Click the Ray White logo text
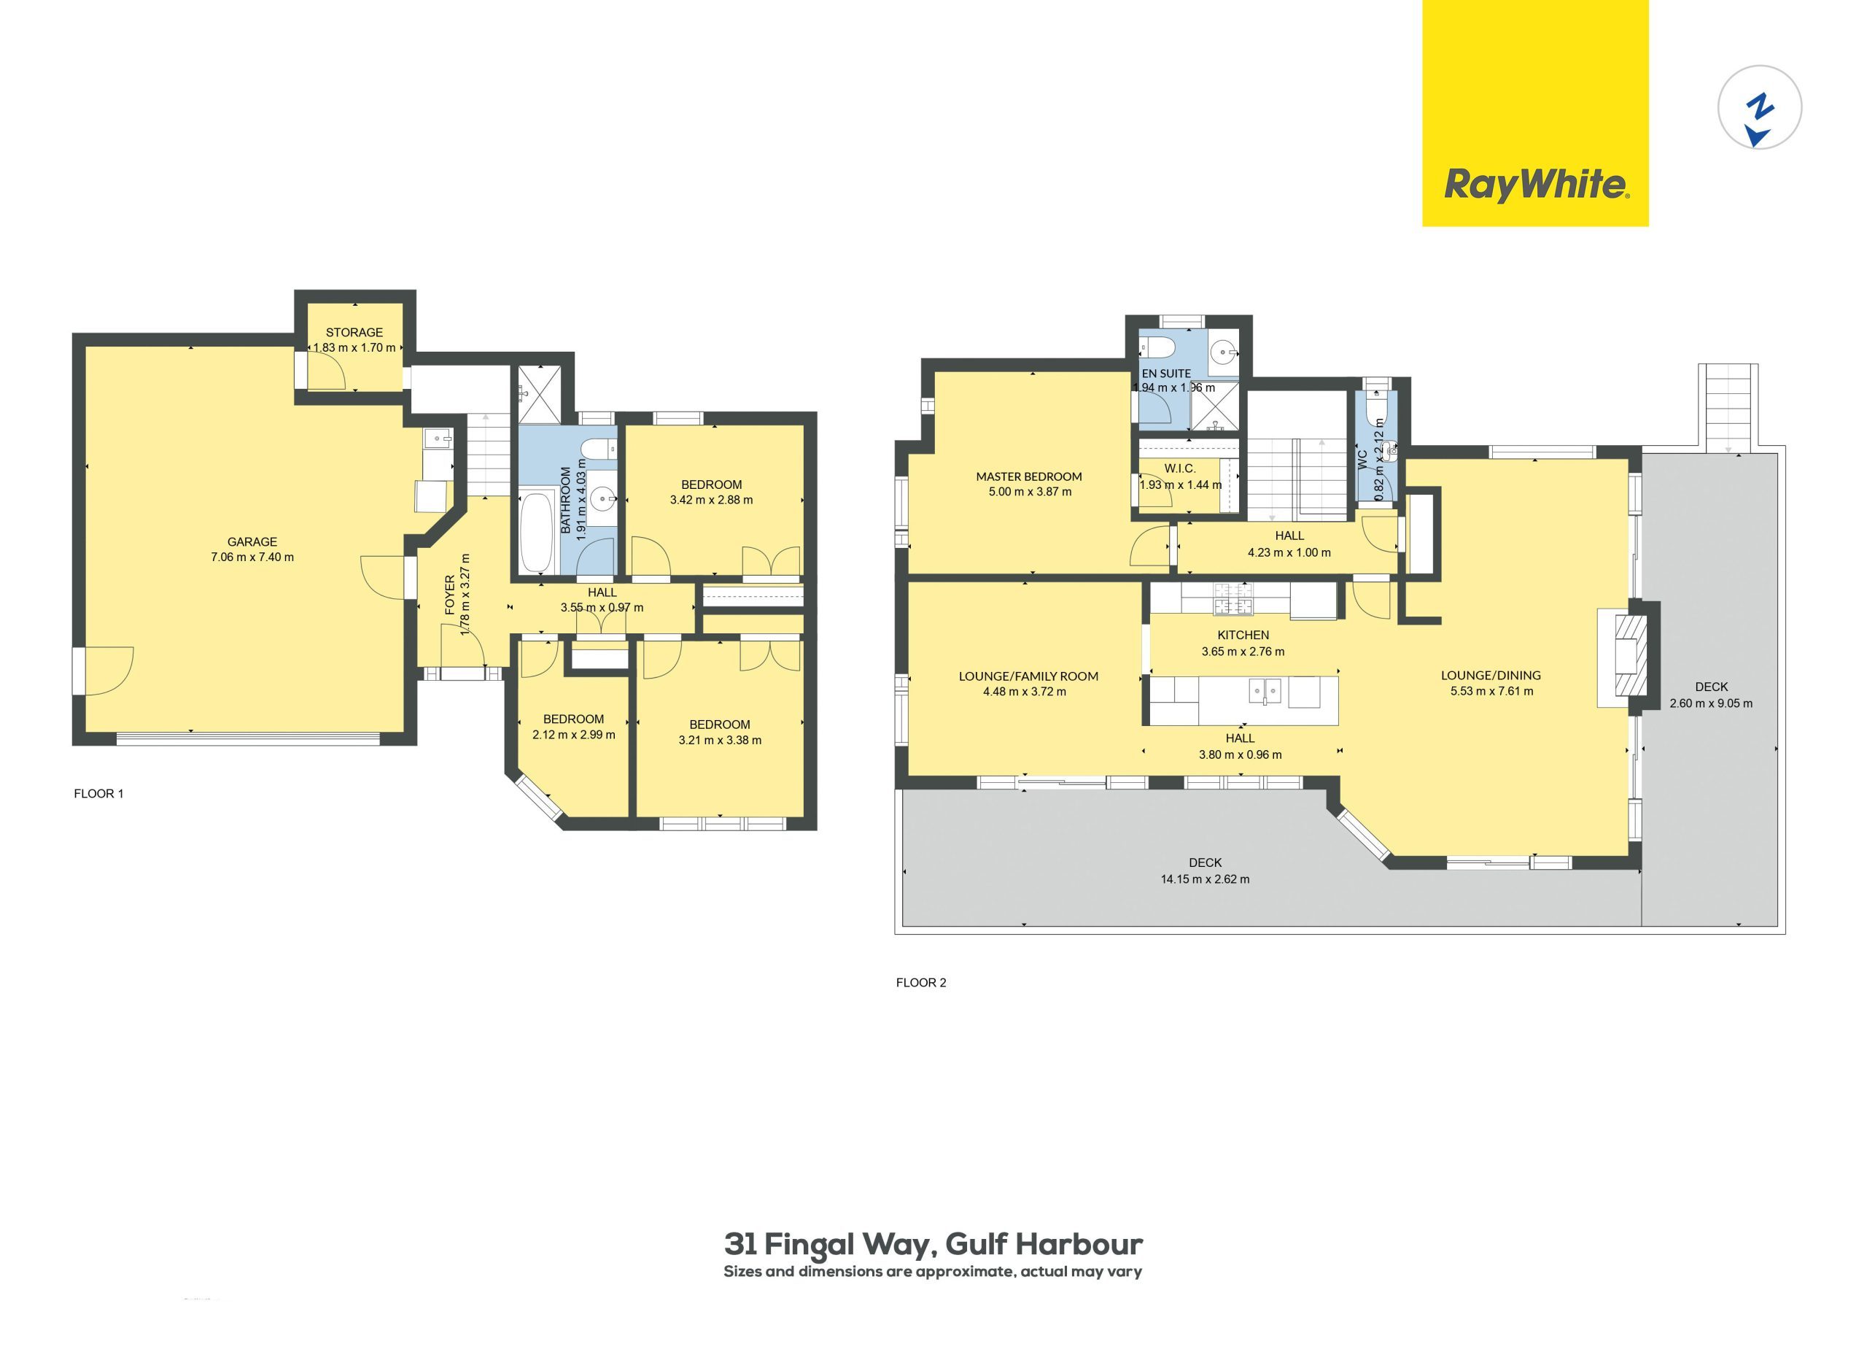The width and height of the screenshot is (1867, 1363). (1535, 185)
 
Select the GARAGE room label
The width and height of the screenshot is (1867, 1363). (252, 542)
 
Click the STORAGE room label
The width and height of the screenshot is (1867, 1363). (354, 333)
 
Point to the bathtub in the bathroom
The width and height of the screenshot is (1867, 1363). (537, 533)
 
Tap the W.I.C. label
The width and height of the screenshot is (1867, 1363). (1180, 468)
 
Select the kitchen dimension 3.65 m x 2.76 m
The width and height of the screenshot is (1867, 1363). (1243, 651)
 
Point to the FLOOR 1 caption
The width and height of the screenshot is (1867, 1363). (99, 794)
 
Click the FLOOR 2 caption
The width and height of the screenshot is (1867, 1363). (921, 983)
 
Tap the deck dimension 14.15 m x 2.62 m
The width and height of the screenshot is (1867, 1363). (1205, 879)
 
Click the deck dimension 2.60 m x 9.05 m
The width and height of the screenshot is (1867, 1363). (1711, 704)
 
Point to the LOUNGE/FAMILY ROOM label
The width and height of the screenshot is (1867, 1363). (1028, 676)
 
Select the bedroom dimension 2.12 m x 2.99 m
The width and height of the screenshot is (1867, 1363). (574, 734)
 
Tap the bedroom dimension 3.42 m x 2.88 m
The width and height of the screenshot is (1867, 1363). (712, 499)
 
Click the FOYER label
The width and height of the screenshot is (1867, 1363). (450, 595)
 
